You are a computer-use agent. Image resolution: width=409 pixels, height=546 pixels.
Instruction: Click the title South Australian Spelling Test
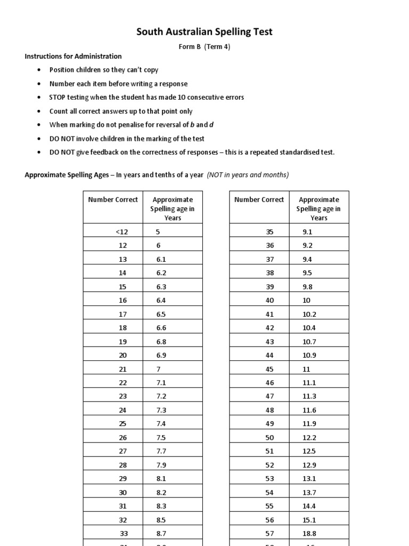204,32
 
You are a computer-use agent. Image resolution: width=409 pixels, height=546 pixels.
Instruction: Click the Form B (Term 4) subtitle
204,46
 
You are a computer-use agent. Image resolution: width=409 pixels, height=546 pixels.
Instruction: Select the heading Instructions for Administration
73,56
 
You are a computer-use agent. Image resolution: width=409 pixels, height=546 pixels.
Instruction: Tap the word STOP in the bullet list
58,98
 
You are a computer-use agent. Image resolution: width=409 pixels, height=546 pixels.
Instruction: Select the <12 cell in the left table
121,231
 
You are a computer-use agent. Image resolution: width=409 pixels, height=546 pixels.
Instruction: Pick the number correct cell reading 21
123,369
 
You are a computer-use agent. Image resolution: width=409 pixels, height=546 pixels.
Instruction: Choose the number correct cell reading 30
123,492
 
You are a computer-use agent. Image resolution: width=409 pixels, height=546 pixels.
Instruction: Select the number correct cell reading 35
269,231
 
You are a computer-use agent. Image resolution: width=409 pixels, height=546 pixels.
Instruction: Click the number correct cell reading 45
269,369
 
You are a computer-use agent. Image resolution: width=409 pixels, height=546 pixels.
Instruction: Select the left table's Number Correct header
113,200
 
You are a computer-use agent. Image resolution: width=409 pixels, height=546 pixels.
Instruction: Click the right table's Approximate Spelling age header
318,208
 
